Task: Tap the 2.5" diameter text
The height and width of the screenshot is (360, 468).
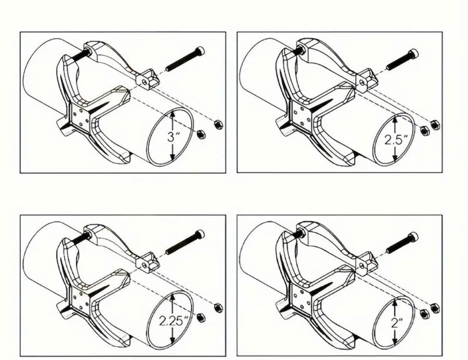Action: (x=396, y=140)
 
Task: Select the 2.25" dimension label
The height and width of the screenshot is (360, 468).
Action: (x=173, y=321)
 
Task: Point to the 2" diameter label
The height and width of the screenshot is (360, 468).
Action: (x=396, y=323)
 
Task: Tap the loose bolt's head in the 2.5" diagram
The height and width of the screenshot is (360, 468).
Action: (x=414, y=54)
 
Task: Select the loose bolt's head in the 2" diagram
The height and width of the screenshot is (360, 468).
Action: (x=414, y=236)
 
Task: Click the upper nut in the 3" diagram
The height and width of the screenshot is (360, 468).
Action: (x=218, y=124)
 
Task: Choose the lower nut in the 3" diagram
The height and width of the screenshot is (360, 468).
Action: (x=201, y=134)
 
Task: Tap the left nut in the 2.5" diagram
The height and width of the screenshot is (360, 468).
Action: (x=424, y=130)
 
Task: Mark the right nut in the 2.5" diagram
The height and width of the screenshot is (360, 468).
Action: (x=435, y=124)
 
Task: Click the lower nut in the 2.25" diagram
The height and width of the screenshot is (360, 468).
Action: (x=201, y=317)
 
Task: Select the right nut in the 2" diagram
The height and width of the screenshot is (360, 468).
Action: (x=435, y=308)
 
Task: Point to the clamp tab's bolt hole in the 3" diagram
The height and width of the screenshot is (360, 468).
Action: (x=144, y=81)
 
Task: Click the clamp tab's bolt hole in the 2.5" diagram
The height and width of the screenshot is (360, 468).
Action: (x=362, y=82)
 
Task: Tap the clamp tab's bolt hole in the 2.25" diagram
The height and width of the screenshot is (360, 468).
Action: (x=144, y=264)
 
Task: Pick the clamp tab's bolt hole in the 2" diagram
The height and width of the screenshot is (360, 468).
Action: (x=362, y=265)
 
